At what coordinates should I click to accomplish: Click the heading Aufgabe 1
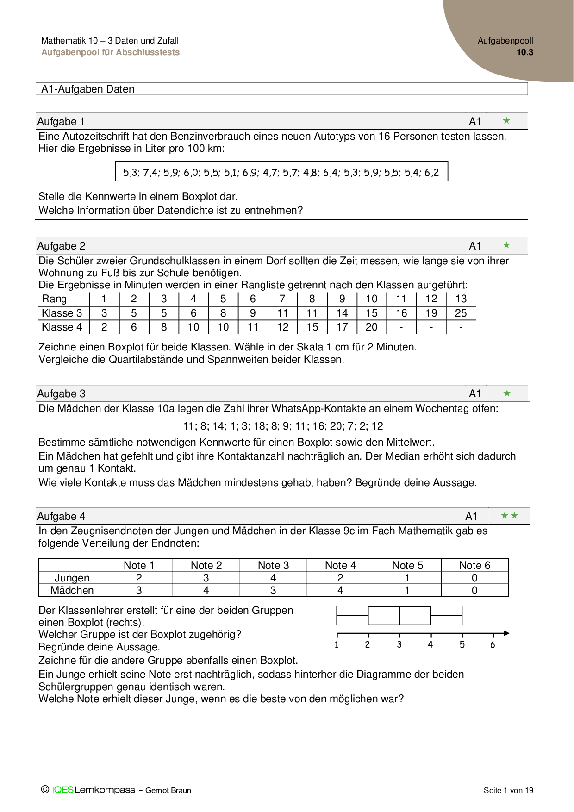(61, 122)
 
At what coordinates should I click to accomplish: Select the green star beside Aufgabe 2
(506, 245)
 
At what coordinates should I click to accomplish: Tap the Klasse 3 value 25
(461, 313)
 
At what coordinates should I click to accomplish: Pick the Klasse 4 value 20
(371, 327)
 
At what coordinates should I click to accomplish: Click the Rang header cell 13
(461, 299)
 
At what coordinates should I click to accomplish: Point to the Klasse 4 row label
(62, 327)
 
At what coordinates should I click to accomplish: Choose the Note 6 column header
(474, 565)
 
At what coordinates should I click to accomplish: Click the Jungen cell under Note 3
(273, 578)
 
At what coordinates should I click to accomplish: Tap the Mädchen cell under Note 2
(206, 590)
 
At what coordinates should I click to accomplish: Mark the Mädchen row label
(72, 590)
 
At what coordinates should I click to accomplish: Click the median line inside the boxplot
(399, 616)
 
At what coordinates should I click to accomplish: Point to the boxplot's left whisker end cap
(337, 616)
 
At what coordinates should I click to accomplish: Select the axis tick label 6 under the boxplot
(493, 644)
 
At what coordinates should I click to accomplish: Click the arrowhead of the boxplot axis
(506, 633)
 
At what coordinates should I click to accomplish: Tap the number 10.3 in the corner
(525, 52)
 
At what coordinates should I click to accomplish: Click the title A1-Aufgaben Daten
(88, 89)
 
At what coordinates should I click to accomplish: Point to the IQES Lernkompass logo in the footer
(88, 790)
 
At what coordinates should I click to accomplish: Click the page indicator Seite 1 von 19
(508, 790)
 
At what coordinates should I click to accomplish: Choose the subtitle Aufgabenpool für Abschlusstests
(110, 52)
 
